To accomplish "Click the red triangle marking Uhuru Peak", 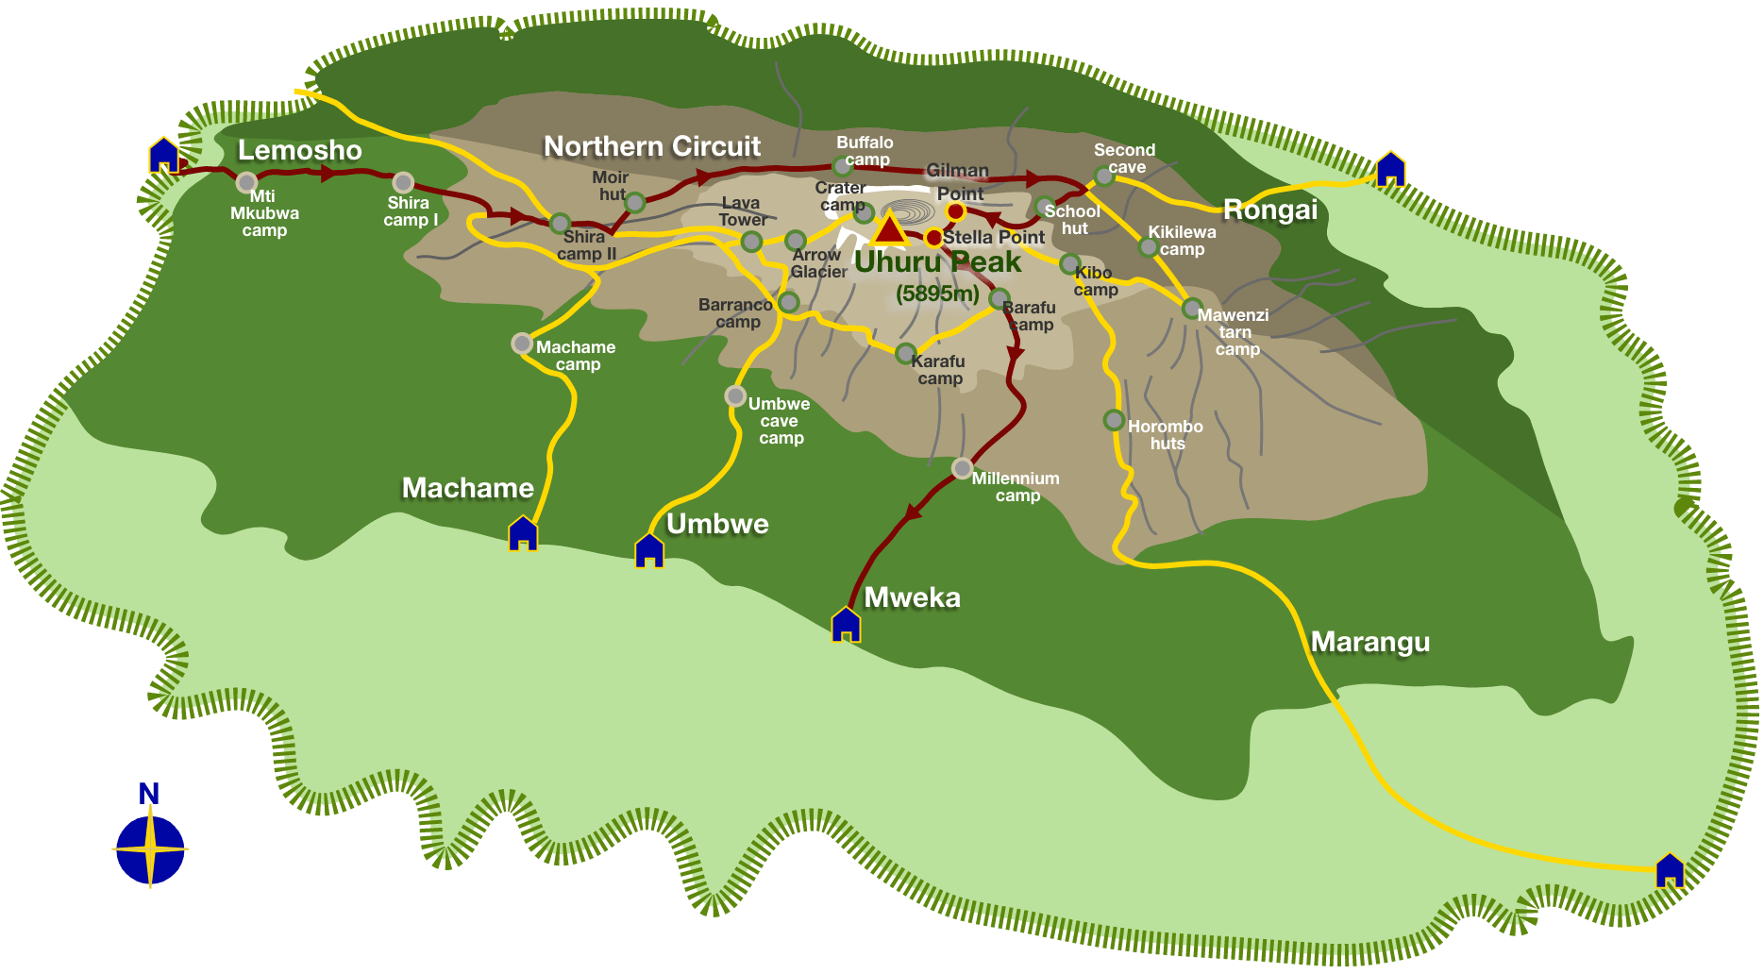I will [x=889, y=230].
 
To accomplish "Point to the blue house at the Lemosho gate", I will [x=163, y=156].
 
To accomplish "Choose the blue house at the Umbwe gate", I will [x=649, y=550].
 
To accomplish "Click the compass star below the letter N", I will [x=150, y=849].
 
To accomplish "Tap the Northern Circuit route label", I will [x=652, y=146].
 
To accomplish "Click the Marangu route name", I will [x=1370, y=642].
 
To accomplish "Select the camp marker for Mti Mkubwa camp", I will [x=246, y=181].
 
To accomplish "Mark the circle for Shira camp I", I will [x=403, y=182].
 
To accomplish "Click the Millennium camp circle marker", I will [x=962, y=467].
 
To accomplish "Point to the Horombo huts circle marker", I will [x=1114, y=420].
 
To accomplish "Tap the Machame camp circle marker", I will [x=522, y=344].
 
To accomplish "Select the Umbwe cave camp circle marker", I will [x=735, y=395].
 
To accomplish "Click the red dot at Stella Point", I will [x=933, y=237].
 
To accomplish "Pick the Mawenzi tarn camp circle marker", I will [x=1192, y=308].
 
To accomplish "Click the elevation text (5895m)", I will [x=937, y=294].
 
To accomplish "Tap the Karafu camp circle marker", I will [x=905, y=354].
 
